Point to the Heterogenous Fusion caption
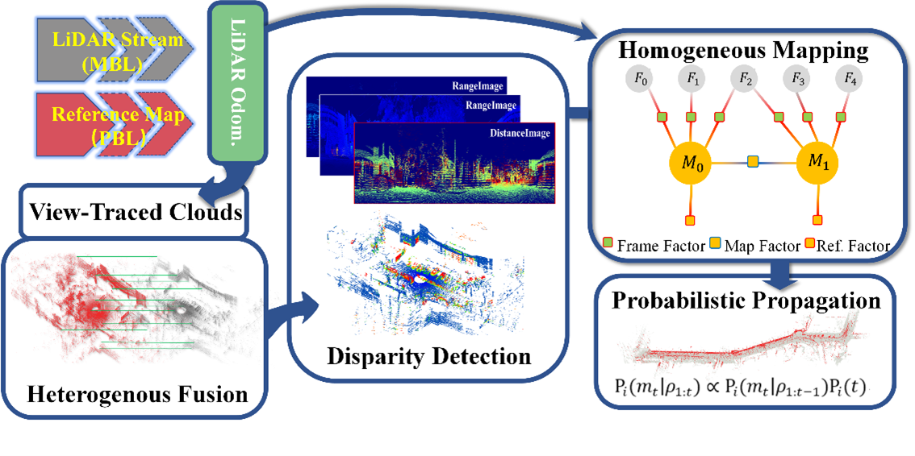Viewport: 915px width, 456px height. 137,396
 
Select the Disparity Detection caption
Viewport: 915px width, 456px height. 429,355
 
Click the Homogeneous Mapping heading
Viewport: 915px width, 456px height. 742,52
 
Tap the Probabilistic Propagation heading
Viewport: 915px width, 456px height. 746,301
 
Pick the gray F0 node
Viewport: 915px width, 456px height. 641,78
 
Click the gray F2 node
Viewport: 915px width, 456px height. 746,78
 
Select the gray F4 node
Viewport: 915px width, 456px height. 848,78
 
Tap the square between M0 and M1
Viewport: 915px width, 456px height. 754,162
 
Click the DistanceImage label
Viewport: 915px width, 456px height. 515,134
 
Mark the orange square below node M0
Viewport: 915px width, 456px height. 690,220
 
